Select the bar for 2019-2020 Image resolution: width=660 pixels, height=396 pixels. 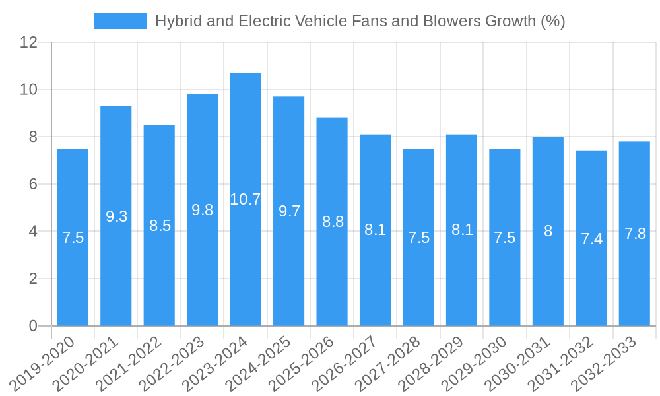point(73,237)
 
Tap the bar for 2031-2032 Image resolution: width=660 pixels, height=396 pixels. point(591,238)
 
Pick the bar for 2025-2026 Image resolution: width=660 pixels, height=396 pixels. point(332,222)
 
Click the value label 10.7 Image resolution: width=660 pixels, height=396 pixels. point(246,199)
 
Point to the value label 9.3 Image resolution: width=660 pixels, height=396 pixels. point(116,216)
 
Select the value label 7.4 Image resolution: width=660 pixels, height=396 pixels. point(591,239)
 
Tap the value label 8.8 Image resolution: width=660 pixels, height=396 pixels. point(333,222)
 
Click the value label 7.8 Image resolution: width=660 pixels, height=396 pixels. point(635,234)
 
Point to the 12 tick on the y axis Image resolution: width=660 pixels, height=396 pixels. point(28,42)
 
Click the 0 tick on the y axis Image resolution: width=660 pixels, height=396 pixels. point(33,326)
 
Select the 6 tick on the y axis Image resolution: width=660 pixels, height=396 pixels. point(33,184)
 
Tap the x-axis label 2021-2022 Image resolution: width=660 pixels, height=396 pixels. point(137,363)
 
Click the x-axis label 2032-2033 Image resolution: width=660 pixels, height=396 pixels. point(612,363)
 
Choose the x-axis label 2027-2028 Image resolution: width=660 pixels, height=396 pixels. point(397,363)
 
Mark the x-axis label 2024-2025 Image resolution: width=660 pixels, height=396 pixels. point(267,363)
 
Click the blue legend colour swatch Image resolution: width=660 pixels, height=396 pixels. point(121,21)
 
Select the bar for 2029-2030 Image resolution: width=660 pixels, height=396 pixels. point(505,237)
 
